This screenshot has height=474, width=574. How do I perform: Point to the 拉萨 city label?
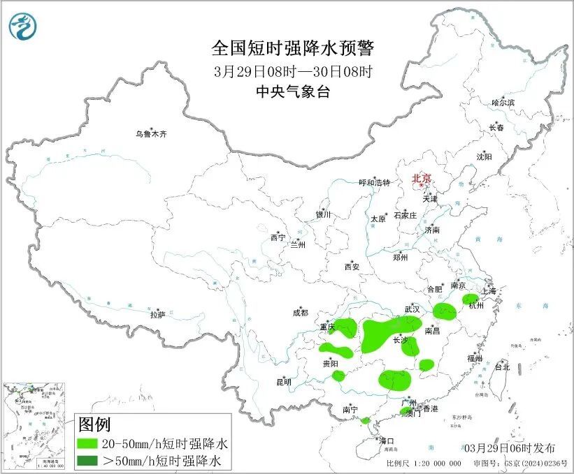tap(157, 315)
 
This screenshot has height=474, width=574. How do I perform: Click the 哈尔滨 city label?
tap(502, 103)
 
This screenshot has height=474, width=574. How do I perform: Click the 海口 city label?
tap(387, 440)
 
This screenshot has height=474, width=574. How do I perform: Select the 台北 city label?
tap(502, 366)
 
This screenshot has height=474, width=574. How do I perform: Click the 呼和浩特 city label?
tap(374, 182)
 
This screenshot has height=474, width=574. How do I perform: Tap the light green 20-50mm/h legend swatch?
tap(87, 443)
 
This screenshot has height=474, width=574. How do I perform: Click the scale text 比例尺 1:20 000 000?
tap(423, 463)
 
